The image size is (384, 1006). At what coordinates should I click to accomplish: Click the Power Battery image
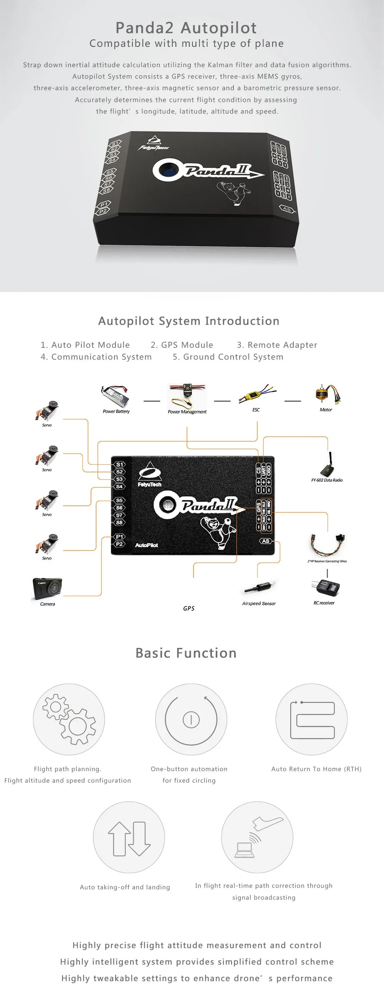click(115, 396)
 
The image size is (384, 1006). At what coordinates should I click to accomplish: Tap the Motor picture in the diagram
click(327, 395)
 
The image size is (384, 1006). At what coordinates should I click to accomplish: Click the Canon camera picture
click(47, 588)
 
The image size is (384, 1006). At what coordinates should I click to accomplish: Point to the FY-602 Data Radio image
click(327, 465)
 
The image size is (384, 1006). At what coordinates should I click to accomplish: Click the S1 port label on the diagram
click(119, 464)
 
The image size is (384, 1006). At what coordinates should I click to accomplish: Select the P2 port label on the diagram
click(119, 544)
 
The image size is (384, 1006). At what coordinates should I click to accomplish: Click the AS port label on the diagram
click(266, 541)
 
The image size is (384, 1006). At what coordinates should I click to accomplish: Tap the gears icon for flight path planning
click(69, 719)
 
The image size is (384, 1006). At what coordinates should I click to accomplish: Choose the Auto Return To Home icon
click(312, 720)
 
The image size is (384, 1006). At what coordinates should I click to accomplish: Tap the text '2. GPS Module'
click(182, 345)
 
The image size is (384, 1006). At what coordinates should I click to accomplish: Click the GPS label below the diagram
click(189, 608)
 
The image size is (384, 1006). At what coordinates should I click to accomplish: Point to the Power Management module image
click(187, 396)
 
